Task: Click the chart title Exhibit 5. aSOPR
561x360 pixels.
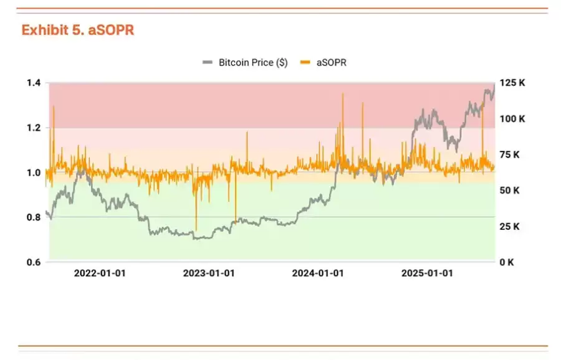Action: pos(77,30)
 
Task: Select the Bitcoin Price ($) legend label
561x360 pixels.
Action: pos(253,62)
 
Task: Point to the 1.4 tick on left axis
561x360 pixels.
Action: pos(34,83)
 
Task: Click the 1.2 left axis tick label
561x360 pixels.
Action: pos(34,128)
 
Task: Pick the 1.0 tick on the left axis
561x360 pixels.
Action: pos(34,173)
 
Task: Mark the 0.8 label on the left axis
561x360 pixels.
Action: pos(34,217)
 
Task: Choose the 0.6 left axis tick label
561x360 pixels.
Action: pos(34,262)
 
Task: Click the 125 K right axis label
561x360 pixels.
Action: pos(512,83)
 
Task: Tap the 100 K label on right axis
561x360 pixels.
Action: pos(512,118)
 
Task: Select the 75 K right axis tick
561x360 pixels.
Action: pos(510,154)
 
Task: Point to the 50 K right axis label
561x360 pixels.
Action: pos(510,190)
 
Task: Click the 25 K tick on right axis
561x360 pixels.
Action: pos(510,226)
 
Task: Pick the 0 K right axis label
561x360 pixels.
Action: pos(507,262)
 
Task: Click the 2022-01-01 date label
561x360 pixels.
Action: pos(100,273)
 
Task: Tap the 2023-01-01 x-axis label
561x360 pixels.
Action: pos(209,273)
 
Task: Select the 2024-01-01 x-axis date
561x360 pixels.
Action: pos(318,273)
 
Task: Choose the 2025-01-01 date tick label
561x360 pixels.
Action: pos(427,273)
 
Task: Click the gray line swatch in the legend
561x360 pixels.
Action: pos(208,62)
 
